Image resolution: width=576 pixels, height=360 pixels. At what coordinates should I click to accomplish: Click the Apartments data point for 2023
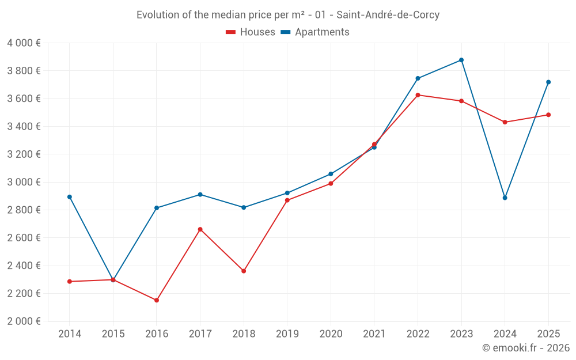click(461, 60)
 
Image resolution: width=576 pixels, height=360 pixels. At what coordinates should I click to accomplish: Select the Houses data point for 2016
click(157, 300)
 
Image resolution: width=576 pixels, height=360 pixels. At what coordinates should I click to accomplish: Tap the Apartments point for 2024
click(505, 198)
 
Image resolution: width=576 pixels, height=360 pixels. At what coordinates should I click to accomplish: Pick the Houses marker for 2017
click(200, 229)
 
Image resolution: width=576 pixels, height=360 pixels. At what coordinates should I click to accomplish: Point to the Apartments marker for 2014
click(70, 197)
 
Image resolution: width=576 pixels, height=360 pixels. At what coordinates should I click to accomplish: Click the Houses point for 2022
click(418, 95)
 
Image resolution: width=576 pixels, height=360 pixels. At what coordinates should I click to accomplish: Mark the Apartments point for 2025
click(548, 82)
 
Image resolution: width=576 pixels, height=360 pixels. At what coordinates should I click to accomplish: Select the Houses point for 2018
click(244, 271)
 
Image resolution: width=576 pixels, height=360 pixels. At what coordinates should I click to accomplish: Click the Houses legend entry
click(251, 32)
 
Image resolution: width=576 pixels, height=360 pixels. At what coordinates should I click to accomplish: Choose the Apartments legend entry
click(316, 32)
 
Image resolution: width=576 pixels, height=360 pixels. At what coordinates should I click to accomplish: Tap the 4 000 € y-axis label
click(24, 43)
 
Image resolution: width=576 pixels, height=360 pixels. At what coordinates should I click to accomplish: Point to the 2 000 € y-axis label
click(24, 321)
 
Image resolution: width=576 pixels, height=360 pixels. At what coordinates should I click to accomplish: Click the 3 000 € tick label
click(24, 182)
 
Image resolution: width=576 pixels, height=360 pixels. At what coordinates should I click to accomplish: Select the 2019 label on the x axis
click(287, 334)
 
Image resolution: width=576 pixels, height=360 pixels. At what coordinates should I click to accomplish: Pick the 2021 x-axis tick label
click(374, 334)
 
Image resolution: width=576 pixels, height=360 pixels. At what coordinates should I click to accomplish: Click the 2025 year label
click(548, 334)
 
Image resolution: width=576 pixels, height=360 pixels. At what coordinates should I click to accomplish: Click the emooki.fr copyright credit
click(525, 348)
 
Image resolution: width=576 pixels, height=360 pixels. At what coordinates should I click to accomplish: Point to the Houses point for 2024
click(505, 122)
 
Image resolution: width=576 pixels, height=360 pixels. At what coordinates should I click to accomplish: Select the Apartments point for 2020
click(331, 174)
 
